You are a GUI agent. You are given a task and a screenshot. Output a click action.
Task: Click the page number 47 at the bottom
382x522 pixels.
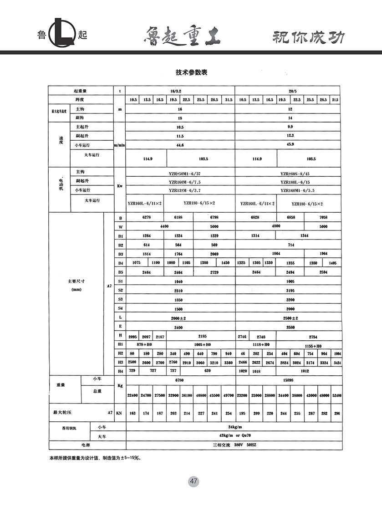pos(193,481)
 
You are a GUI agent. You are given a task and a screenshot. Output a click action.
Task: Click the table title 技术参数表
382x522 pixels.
pos(191,72)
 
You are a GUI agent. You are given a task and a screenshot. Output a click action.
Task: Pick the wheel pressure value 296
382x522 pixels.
pos(336,413)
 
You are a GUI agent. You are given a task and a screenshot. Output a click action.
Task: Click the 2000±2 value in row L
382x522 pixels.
pos(178,318)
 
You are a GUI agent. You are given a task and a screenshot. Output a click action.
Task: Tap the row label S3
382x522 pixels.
pos(121,299)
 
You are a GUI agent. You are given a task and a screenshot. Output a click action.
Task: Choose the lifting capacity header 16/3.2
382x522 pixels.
pos(179,91)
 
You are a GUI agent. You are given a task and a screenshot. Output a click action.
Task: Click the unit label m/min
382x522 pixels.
pos(120,145)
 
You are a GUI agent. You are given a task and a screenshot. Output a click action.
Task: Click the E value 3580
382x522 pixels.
pos(290,327)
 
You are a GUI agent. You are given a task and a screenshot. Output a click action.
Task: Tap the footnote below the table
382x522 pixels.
pos(95,458)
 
